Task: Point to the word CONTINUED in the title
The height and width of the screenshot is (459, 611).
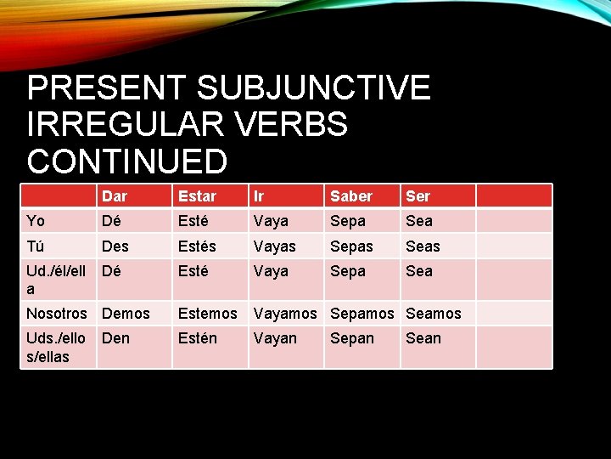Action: (x=127, y=161)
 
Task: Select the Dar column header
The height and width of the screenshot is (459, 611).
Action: (x=115, y=196)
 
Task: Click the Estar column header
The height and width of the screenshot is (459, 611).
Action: (x=197, y=196)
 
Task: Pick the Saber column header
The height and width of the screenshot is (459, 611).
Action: (x=351, y=196)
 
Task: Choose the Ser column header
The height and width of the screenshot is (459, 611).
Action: (x=418, y=196)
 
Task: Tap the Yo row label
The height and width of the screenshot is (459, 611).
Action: (x=36, y=221)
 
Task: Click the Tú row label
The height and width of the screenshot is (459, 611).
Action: (x=35, y=246)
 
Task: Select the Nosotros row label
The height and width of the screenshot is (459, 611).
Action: (x=57, y=314)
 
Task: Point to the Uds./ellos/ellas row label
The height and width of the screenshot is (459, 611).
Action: (x=56, y=347)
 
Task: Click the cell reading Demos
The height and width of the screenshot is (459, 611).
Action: (x=126, y=314)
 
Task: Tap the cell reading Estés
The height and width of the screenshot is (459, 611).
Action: (x=197, y=246)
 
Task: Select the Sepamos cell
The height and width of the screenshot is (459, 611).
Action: (x=362, y=314)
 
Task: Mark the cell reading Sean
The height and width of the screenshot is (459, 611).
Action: (x=423, y=338)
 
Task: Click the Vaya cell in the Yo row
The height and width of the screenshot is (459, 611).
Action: (x=271, y=221)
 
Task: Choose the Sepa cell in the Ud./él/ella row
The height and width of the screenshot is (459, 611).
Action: (x=348, y=271)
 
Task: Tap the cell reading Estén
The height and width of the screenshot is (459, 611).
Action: (x=197, y=338)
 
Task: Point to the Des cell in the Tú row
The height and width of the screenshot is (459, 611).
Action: (x=115, y=246)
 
